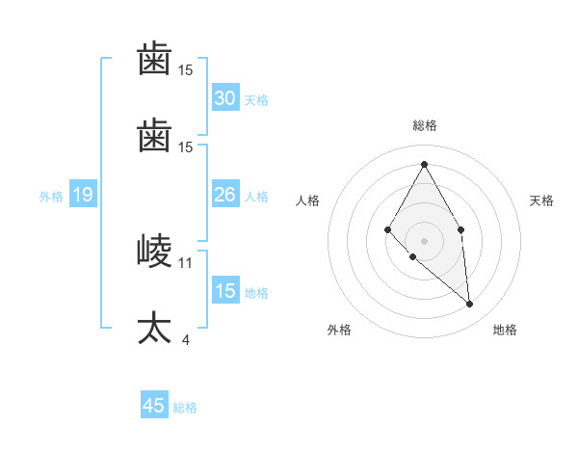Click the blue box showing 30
(225, 98)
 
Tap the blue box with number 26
(225, 196)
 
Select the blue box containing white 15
(225, 292)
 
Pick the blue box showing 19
(82, 196)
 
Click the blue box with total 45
(154, 406)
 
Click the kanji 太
(154, 328)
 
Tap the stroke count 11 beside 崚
(186, 262)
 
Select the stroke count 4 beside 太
(185, 339)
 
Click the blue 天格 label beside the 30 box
(256, 100)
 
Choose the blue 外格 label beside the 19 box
(51, 197)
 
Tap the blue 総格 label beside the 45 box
(185, 408)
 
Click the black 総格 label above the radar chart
(424, 125)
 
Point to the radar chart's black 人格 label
(308, 200)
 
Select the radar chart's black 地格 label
(505, 330)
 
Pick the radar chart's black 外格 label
(339, 330)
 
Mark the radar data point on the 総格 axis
(424, 164)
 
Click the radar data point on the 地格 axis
(470, 305)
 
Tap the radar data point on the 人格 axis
(388, 229)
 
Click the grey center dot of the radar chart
(424, 240)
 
